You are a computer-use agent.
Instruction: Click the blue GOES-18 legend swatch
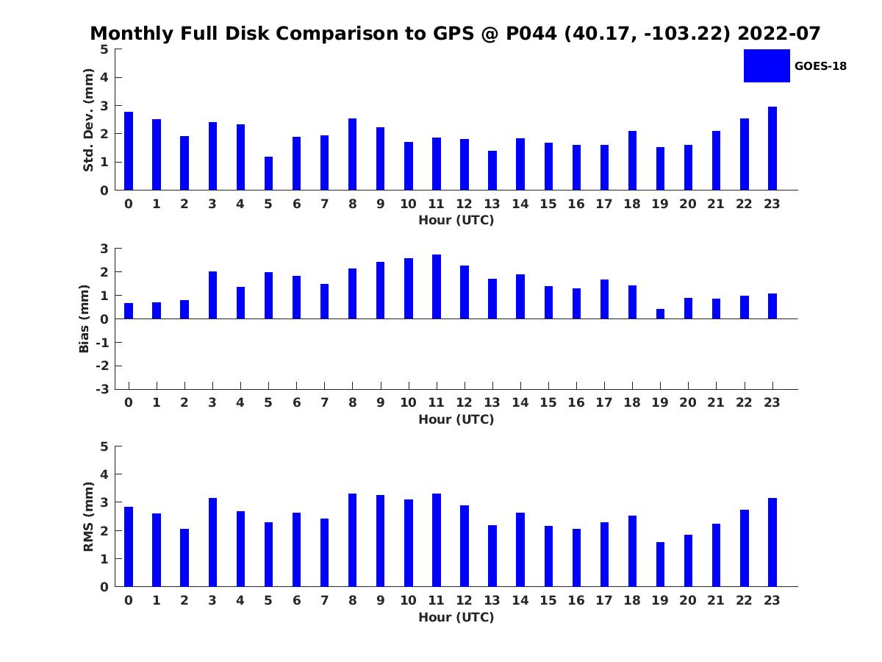pyautogui.click(x=767, y=66)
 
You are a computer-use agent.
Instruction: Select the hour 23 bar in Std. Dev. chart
pyautogui.click(x=772, y=149)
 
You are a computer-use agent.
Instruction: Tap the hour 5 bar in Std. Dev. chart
pyautogui.click(x=268, y=174)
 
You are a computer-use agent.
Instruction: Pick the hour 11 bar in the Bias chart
pyautogui.click(x=437, y=287)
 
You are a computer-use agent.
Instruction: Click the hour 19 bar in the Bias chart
pyautogui.click(x=660, y=314)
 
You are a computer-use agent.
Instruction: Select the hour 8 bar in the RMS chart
pyautogui.click(x=352, y=540)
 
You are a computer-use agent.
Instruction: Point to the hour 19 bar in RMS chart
pyautogui.click(x=660, y=564)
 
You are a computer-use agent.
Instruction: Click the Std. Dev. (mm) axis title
pyautogui.click(x=88, y=120)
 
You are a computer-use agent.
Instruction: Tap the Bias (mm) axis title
pyautogui.click(x=84, y=318)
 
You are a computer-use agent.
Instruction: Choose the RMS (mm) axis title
pyautogui.click(x=88, y=516)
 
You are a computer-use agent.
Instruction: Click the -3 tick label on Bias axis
pyautogui.click(x=102, y=389)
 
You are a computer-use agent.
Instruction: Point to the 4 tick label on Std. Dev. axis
pyautogui.click(x=104, y=77)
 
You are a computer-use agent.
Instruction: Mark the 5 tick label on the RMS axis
pyautogui.click(x=104, y=446)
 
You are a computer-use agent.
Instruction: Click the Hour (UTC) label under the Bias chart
pyautogui.click(x=456, y=419)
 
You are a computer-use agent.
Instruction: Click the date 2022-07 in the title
pyautogui.click(x=778, y=33)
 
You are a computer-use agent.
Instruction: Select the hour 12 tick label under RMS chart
pyautogui.click(x=464, y=600)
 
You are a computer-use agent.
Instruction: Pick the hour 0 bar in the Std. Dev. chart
pyautogui.click(x=129, y=151)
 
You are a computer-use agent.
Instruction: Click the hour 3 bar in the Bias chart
pyautogui.click(x=212, y=296)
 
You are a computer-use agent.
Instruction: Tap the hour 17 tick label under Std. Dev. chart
pyautogui.click(x=604, y=204)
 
